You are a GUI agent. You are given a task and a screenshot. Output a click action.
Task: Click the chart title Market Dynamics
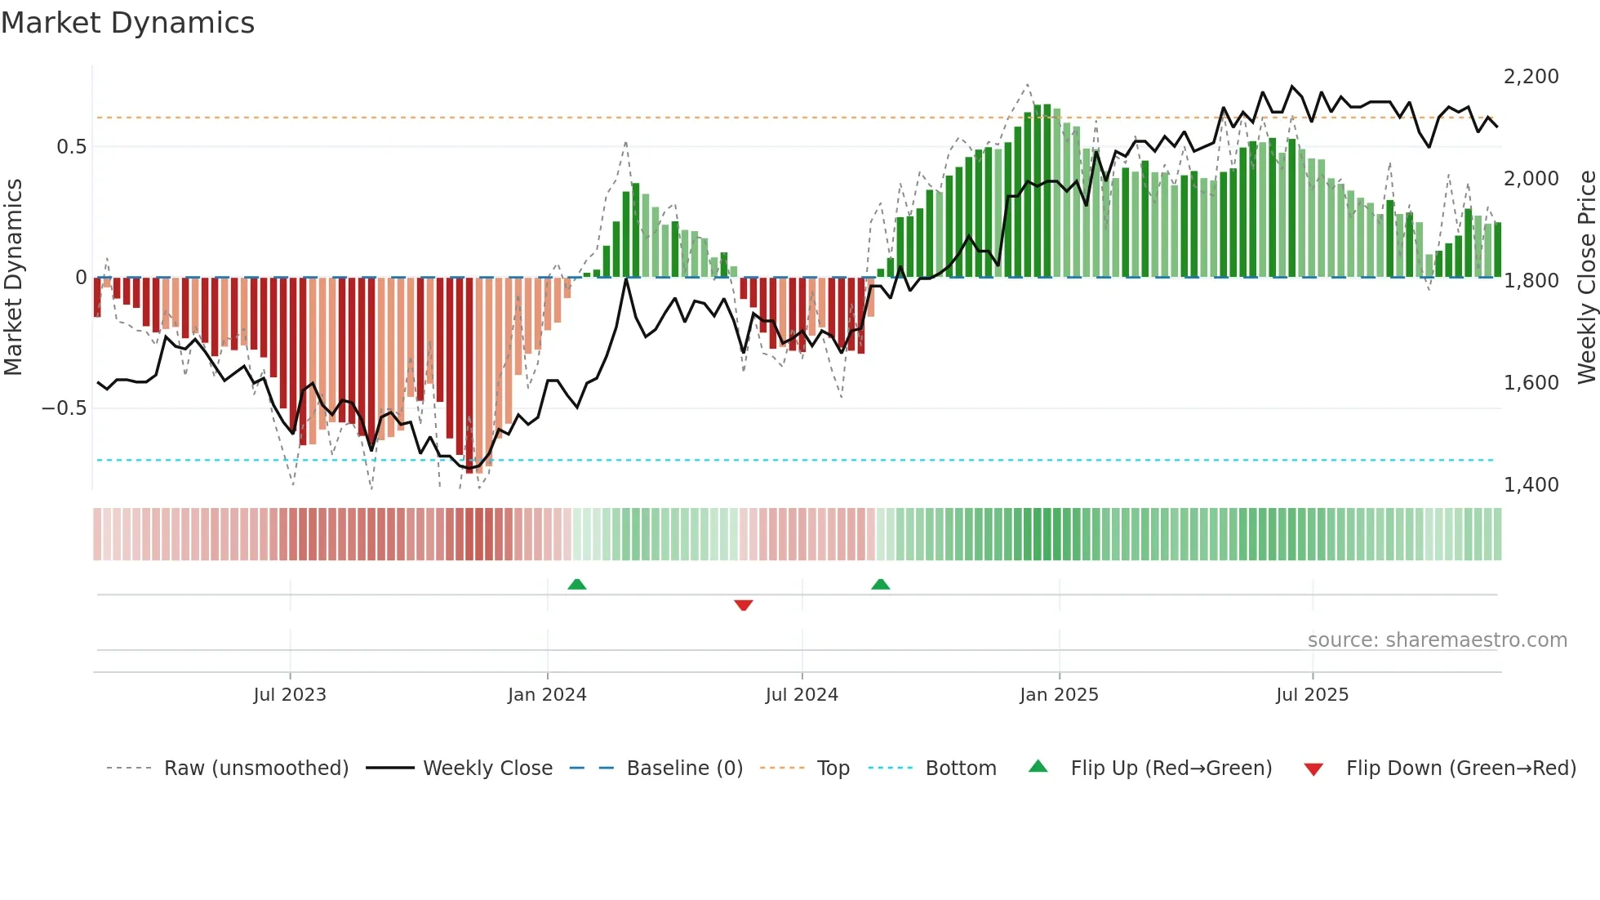pyautogui.click(x=128, y=23)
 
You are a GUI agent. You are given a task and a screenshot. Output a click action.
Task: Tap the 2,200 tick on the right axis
pyautogui.click(x=1531, y=77)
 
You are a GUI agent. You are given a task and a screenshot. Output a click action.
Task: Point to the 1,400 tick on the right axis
pyautogui.click(x=1531, y=485)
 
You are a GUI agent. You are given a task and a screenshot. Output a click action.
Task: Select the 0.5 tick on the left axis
pyautogui.click(x=71, y=147)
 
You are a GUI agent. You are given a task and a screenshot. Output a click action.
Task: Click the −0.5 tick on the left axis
pyautogui.click(x=64, y=408)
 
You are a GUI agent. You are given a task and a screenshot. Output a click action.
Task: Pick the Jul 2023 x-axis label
pyautogui.click(x=290, y=695)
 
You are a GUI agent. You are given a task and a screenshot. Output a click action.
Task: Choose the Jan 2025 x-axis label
pyautogui.click(x=1059, y=695)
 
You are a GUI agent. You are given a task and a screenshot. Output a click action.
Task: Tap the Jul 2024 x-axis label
pyautogui.click(x=802, y=695)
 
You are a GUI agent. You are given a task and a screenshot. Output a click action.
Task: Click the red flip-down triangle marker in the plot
pyautogui.click(x=743, y=605)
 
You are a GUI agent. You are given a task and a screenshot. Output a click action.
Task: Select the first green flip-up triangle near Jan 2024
pyautogui.click(x=577, y=584)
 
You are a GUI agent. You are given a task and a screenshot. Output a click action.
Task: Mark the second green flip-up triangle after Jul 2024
pyautogui.click(x=880, y=584)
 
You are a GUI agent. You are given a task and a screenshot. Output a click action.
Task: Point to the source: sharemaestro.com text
pyautogui.click(x=1437, y=640)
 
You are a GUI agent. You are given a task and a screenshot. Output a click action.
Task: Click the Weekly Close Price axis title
pyautogui.click(x=1586, y=278)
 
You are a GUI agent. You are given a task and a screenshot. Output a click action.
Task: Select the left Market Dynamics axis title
pyautogui.click(x=13, y=278)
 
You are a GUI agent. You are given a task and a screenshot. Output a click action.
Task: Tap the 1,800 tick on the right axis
pyautogui.click(x=1531, y=281)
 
